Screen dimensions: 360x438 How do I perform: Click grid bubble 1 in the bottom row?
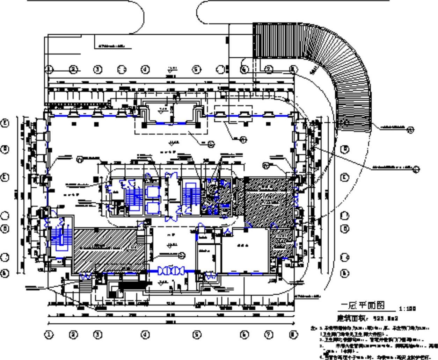(x=49, y=335)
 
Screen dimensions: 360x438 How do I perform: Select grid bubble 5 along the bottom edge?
(x=197, y=335)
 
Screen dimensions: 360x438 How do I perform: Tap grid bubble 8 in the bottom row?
(x=293, y=335)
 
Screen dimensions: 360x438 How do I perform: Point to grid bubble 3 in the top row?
(x=98, y=70)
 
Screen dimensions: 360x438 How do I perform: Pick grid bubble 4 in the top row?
(x=145, y=70)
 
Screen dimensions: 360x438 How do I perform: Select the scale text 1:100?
(x=407, y=309)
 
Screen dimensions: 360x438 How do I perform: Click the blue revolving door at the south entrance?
(x=171, y=271)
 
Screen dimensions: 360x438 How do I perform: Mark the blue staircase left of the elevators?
(x=134, y=197)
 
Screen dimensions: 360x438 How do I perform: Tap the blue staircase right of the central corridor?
(x=190, y=196)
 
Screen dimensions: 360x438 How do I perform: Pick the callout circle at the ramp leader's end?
(x=410, y=130)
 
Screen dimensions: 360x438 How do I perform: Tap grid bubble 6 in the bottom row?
(x=244, y=335)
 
